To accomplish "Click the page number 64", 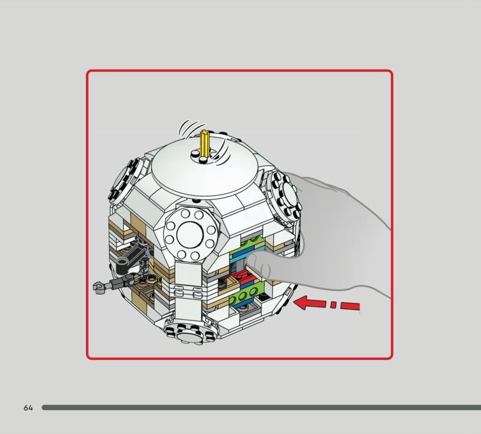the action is tap(28, 408).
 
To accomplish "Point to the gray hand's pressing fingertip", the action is tap(253, 261).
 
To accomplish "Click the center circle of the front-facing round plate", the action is tap(190, 234).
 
